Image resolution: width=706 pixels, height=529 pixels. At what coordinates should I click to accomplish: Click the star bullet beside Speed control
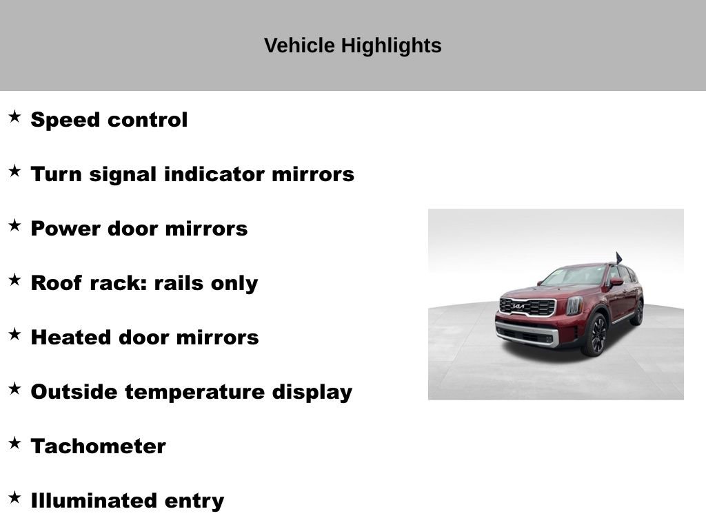tap(14, 116)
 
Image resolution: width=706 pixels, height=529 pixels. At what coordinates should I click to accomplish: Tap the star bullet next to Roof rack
tap(14, 280)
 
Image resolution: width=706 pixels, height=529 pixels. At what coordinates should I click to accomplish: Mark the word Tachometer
tap(99, 446)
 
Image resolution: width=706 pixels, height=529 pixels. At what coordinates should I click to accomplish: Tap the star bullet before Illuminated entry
tap(14, 497)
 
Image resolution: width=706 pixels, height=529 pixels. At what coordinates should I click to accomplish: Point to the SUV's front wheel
tap(596, 335)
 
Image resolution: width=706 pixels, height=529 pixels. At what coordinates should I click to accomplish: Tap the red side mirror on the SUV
tap(616, 282)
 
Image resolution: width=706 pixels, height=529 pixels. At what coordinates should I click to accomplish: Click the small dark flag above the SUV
tap(618, 258)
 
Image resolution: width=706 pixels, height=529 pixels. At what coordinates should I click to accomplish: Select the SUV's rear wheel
tap(637, 313)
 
